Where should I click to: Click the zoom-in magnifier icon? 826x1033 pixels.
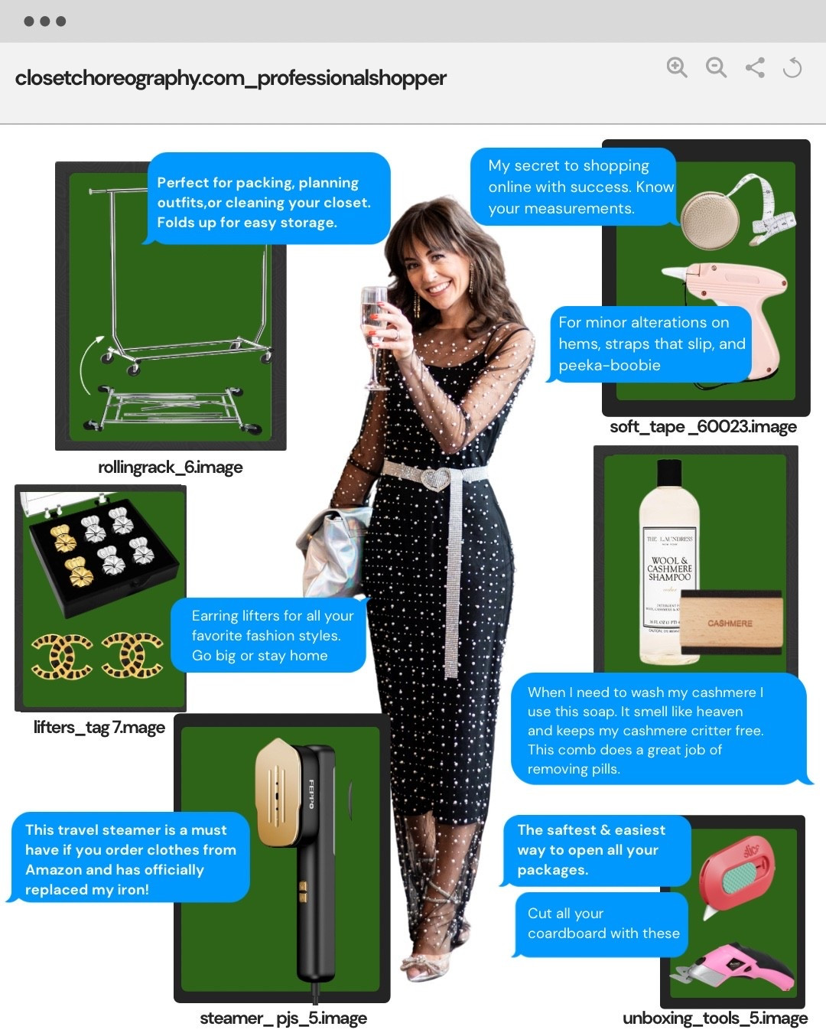click(x=676, y=67)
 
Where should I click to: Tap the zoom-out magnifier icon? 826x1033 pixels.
click(x=716, y=67)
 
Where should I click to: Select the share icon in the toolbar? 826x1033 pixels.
click(x=755, y=67)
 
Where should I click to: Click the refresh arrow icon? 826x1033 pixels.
click(x=792, y=68)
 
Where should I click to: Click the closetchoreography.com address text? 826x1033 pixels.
click(x=230, y=78)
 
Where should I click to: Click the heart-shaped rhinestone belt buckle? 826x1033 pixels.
click(x=435, y=479)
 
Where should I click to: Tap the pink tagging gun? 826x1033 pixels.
click(x=734, y=294)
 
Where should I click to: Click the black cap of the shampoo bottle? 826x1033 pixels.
click(x=669, y=472)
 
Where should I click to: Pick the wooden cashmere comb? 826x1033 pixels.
click(x=730, y=624)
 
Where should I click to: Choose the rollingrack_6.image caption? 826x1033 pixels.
click(x=170, y=468)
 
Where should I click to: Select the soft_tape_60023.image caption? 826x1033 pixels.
click(x=703, y=427)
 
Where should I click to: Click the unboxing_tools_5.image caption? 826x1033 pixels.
click(x=714, y=1018)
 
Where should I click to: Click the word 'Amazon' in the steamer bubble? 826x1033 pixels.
click(x=53, y=870)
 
